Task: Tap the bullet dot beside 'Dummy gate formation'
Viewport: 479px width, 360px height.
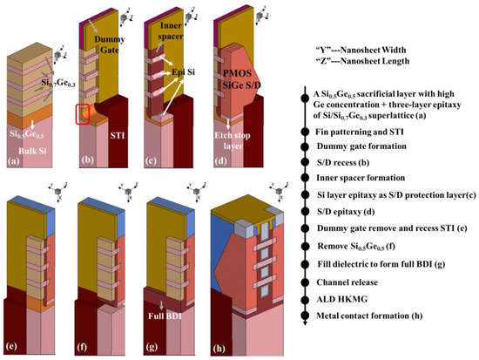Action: [x=304, y=147]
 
